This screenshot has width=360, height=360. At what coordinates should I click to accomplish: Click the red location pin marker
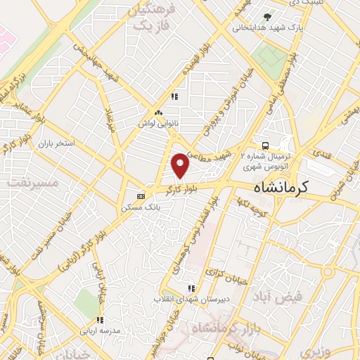[x=181, y=165]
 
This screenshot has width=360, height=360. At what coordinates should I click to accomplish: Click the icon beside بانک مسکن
[x=141, y=195]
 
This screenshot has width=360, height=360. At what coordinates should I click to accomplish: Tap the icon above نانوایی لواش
[x=158, y=111]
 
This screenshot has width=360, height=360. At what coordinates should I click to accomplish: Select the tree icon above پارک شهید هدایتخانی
[x=266, y=16]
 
